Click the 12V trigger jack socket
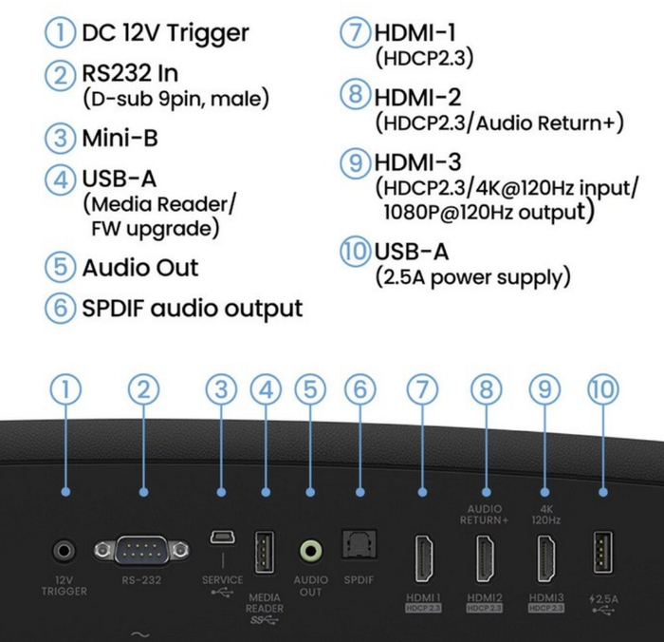65,550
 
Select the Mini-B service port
221,538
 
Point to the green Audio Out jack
310,550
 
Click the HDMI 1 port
423,558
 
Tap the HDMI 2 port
484,558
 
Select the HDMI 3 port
545,558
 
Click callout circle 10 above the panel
603,388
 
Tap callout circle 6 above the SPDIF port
360,388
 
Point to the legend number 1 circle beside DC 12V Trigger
61,33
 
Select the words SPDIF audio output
193,308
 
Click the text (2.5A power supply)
473,278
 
